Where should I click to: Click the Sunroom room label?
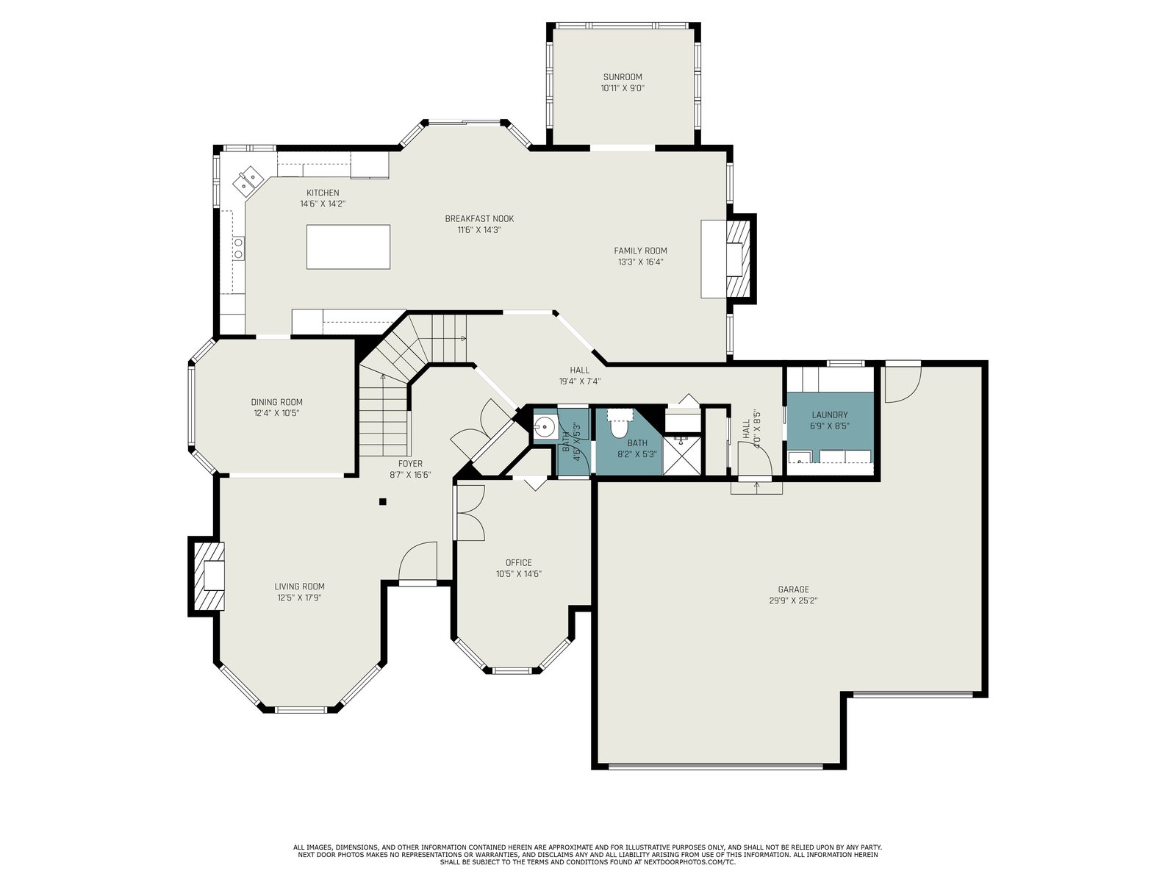[x=622, y=77]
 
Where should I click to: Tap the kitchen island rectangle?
[x=348, y=247]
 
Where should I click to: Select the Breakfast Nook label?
[x=479, y=218]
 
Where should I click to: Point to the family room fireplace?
[x=738, y=259]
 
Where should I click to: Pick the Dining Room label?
[x=277, y=402]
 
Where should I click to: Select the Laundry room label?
[x=829, y=415]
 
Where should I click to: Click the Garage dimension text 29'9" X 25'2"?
[x=793, y=600]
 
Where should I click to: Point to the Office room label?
[x=519, y=562]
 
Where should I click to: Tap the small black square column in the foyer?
[x=382, y=502]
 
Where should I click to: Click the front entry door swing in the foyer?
[x=418, y=561]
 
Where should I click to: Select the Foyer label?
[x=410, y=464]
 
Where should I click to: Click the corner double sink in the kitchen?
[x=248, y=180]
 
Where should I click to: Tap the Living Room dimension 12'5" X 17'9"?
[x=299, y=598]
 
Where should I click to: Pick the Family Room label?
[x=640, y=251]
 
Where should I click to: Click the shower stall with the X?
[x=682, y=456]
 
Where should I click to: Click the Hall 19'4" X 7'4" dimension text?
[x=580, y=381]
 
